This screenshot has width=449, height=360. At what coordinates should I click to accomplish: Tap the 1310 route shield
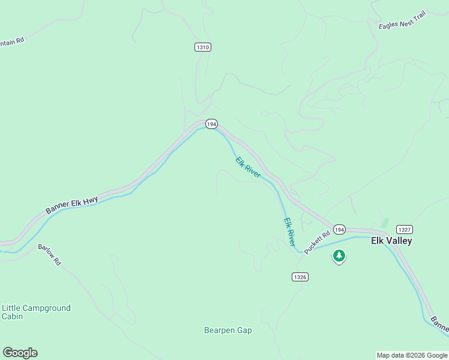tap(203, 47)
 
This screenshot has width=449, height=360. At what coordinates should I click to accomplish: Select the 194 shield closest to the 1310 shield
tap(211, 124)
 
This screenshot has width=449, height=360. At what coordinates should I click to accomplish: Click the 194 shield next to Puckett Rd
tap(340, 230)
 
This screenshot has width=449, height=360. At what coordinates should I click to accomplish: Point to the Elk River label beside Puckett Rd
tap(290, 232)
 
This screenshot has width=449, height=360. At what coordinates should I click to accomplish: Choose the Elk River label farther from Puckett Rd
tap(248, 167)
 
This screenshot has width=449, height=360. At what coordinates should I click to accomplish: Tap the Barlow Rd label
tap(49, 255)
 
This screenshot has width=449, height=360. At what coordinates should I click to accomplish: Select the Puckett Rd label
tap(318, 243)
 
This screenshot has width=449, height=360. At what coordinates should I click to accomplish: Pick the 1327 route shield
tap(405, 230)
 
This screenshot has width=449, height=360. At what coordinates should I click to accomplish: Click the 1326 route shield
tap(301, 277)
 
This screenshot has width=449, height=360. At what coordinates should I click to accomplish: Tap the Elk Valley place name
tap(391, 241)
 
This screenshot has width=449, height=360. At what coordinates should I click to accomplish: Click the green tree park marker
tap(339, 256)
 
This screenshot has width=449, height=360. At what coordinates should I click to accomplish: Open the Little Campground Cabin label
tap(36, 312)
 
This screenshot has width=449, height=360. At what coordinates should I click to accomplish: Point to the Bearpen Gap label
tap(228, 331)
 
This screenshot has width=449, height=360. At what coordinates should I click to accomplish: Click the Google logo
tap(20, 353)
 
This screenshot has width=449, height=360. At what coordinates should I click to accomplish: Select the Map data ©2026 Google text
tap(412, 355)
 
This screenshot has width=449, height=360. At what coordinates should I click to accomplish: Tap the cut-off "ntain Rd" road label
tap(12, 42)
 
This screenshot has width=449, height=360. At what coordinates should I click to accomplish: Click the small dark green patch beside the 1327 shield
tap(385, 222)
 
